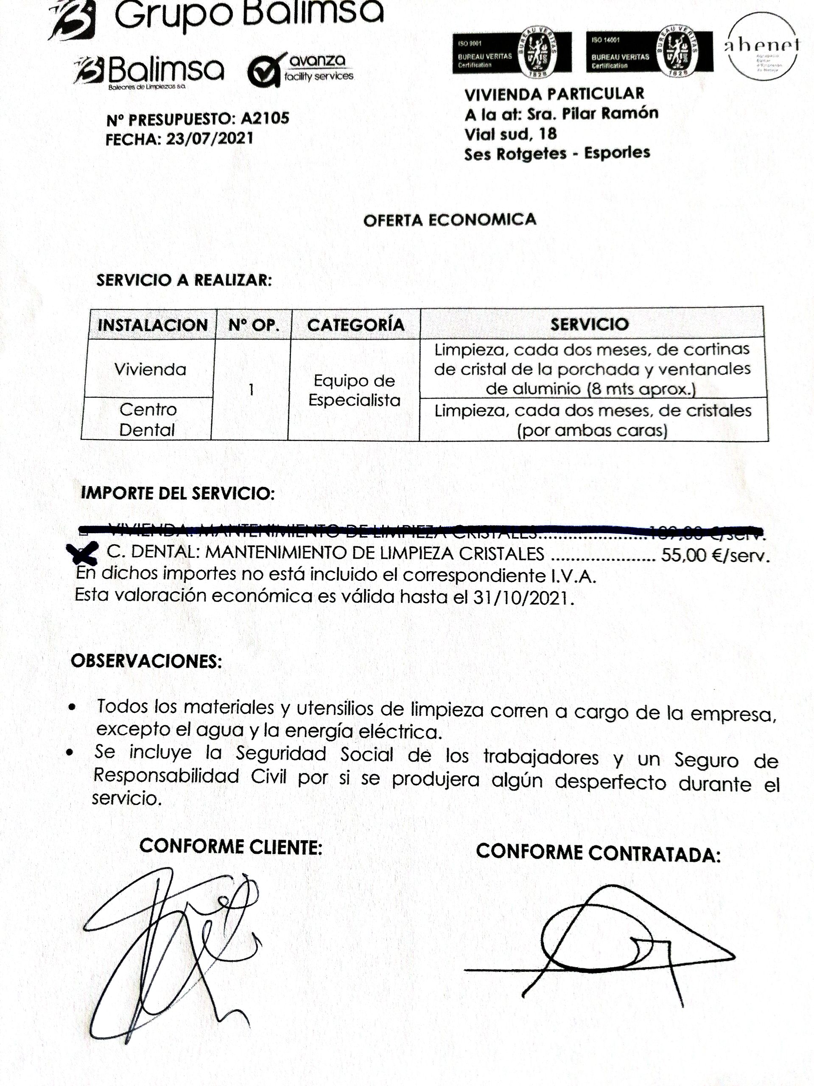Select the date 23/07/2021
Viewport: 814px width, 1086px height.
(x=210, y=139)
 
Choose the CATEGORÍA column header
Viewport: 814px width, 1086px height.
(x=356, y=324)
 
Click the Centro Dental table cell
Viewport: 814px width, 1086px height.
(x=147, y=419)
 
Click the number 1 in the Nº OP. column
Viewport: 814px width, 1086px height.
(x=251, y=390)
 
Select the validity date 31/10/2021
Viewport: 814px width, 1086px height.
(x=523, y=597)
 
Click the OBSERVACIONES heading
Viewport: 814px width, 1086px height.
(x=146, y=661)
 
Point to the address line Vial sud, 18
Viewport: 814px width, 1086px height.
(x=510, y=134)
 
